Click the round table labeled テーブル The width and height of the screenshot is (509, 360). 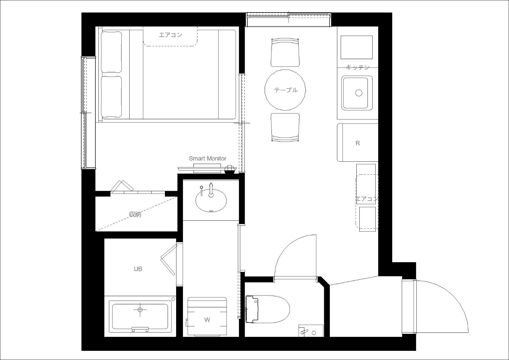tap(285, 90)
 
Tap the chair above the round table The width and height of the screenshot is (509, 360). tap(285, 53)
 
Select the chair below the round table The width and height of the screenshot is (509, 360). tap(285, 128)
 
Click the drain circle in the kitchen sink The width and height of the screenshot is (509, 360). tap(359, 93)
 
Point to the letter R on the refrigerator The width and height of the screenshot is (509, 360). tap(358, 143)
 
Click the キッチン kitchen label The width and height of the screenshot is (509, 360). tap(358, 67)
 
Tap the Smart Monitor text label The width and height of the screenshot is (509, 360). tap(207, 159)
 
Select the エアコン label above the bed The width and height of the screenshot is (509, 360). tap(170, 35)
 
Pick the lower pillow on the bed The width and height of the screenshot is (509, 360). tap(111, 97)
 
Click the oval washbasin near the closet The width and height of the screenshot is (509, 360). tap(211, 200)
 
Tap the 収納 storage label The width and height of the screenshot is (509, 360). tap(135, 214)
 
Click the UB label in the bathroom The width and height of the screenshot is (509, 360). tap(138, 269)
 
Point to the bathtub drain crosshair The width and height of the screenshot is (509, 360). tap(140, 309)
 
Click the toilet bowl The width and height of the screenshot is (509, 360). tap(268, 309)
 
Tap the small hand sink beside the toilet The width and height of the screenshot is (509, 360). tap(311, 331)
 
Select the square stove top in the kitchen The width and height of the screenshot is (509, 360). tap(356, 47)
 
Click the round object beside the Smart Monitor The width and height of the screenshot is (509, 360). tap(229, 169)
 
